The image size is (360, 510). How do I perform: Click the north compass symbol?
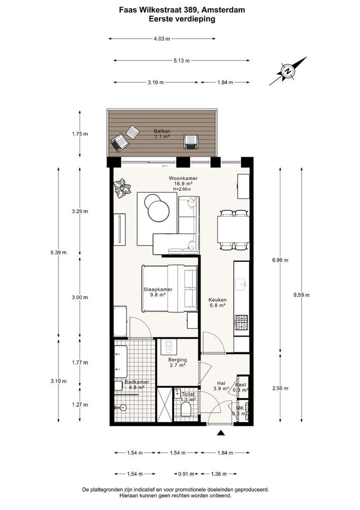point(288,71)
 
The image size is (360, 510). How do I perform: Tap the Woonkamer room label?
point(183,178)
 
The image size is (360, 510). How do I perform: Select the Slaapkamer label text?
point(158,289)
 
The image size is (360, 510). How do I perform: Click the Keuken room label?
point(218,300)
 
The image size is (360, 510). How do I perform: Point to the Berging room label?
point(177,360)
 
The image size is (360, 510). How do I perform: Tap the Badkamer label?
point(137,382)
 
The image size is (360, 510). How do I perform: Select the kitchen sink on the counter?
point(242,284)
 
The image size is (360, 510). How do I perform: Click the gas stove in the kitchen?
point(242,322)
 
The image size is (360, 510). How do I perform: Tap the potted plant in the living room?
point(122,188)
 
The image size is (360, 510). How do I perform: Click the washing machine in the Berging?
point(168,347)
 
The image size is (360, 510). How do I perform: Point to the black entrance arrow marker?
point(221,432)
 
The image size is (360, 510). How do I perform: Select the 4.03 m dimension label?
point(162,39)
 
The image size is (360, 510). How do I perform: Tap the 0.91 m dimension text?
point(186,474)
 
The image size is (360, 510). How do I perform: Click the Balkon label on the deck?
point(162,131)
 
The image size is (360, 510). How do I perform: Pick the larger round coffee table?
point(159,212)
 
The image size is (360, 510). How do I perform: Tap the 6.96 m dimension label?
point(280,260)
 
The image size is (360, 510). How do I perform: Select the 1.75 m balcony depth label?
point(80,134)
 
